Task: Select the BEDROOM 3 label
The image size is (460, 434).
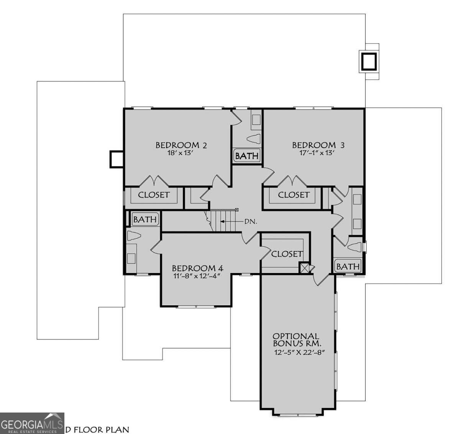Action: (x=318, y=145)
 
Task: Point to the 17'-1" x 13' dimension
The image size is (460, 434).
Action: (x=318, y=153)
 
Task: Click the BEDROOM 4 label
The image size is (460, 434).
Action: (x=197, y=268)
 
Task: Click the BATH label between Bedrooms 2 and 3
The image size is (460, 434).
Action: (x=247, y=156)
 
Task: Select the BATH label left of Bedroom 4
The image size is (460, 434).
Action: (x=145, y=219)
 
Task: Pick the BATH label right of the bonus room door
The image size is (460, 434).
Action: (x=348, y=266)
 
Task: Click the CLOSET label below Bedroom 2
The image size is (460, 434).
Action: (x=153, y=195)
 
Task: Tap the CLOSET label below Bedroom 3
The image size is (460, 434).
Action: (x=293, y=195)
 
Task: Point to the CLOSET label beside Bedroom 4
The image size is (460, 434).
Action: (x=286, y=254)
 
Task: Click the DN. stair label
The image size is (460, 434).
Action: (x=251, y=222)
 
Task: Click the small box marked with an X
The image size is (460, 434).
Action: (x=304, y=268)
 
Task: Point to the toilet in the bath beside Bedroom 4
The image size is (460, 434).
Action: (x=134, y=237)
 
